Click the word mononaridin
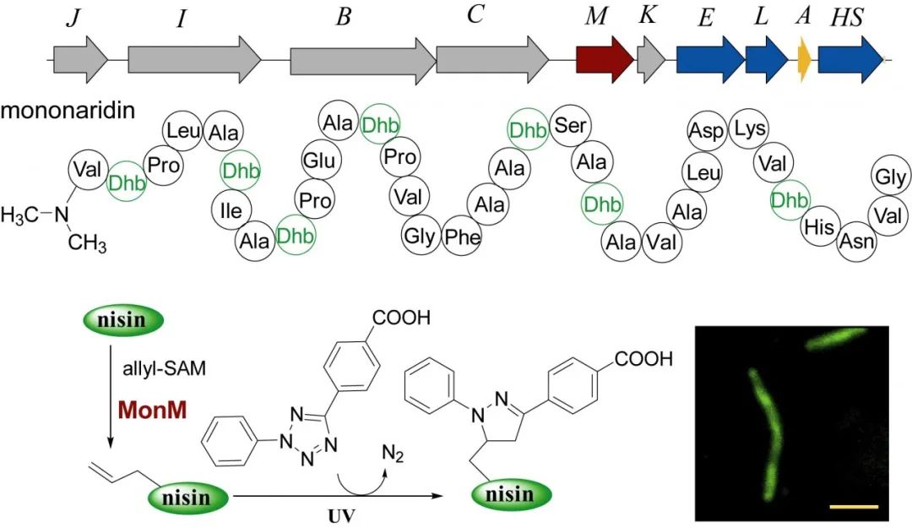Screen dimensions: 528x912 coord(68,112)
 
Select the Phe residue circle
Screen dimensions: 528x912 coord(463,237)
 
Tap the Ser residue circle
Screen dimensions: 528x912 coord(571,127)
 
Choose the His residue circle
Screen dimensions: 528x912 coord(819,226)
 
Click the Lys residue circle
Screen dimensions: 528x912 coord(749,128)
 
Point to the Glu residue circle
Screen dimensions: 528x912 coord(320,161)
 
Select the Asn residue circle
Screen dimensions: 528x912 coord(857,242)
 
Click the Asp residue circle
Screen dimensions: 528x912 coord(707,131)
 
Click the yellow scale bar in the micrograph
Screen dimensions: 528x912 coord(855,507)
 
